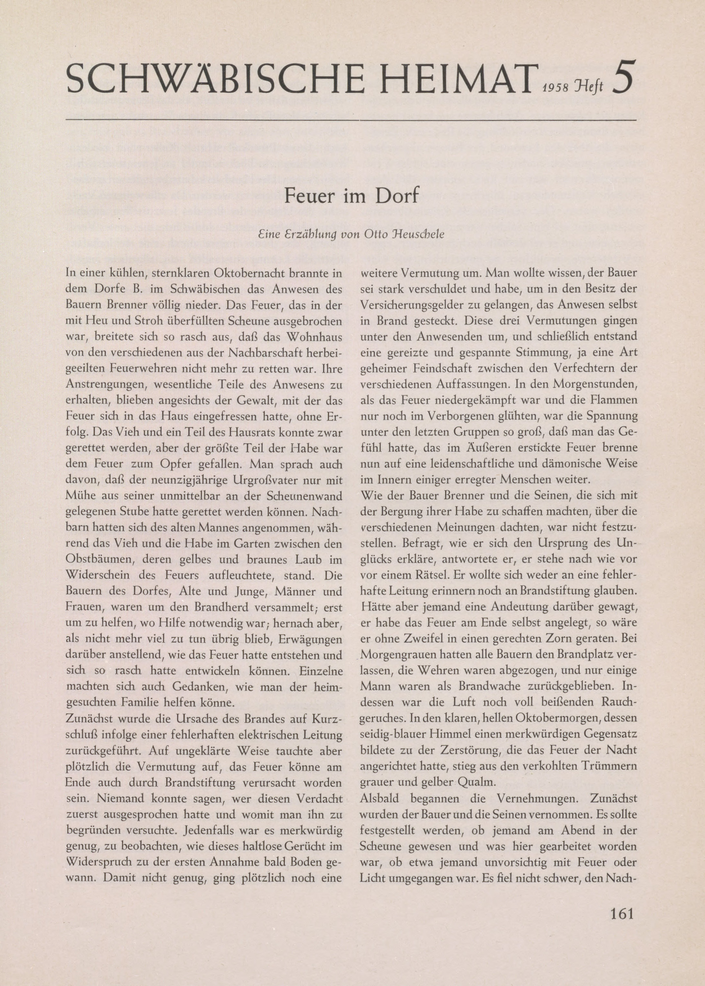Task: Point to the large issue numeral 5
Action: click(623, 77)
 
